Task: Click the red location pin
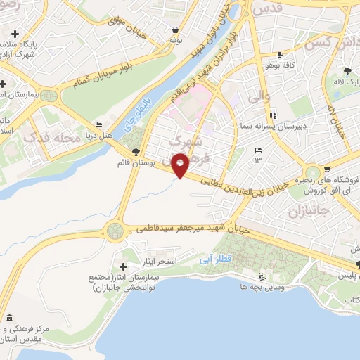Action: point(181,165)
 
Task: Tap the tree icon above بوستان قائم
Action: point(136,152)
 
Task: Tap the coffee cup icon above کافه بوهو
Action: point(281,54)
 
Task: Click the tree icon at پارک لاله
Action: point(347,71)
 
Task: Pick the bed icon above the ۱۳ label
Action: point(258,150)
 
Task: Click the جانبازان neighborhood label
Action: point(304,211)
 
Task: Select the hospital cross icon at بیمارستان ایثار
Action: point(124,266)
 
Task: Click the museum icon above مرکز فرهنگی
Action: point(8,317)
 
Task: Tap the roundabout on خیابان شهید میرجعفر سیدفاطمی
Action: point(114,229)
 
